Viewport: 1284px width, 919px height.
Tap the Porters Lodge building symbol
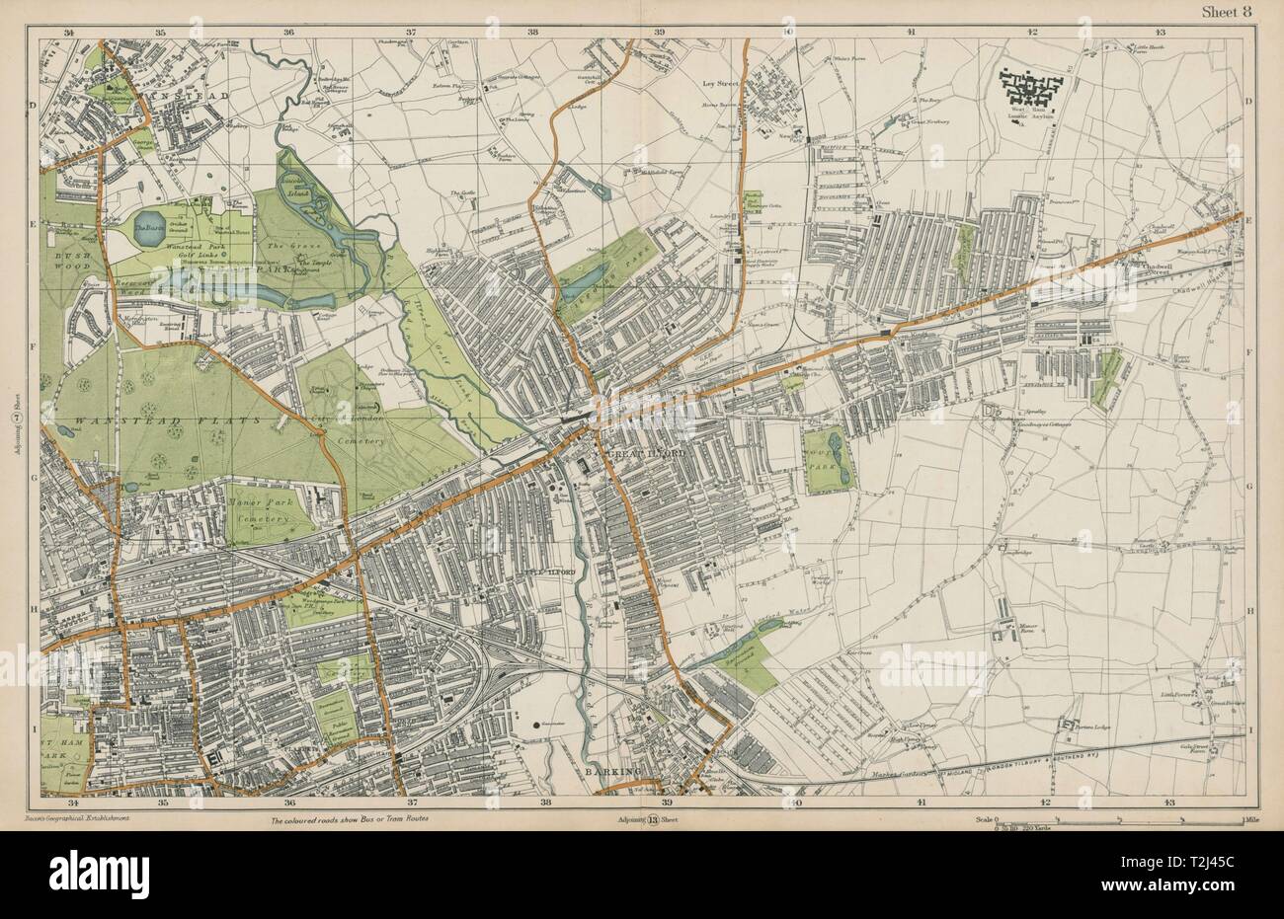[x=1066, y=728]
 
